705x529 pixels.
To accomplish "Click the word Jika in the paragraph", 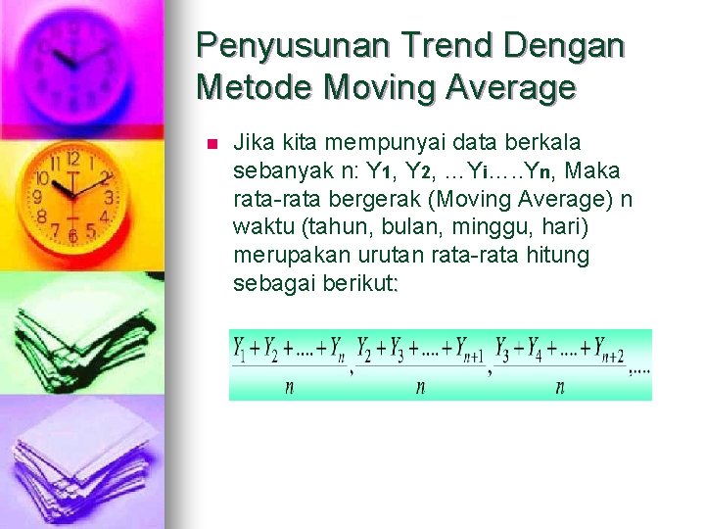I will pos(251,143).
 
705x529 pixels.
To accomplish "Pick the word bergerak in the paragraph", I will pos(366,200).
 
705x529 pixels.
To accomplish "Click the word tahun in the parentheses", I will pos(313,228).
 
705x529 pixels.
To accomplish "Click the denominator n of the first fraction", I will pos(289,387).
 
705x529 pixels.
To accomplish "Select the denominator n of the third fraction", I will pos(560,387).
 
